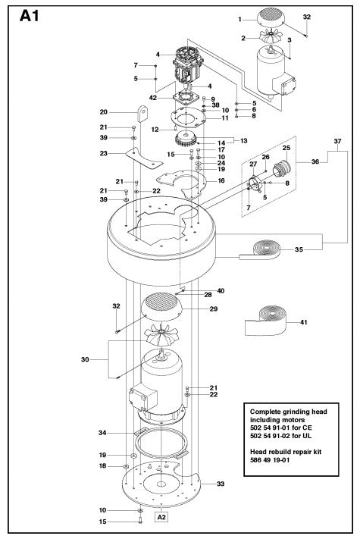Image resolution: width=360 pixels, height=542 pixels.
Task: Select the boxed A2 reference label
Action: [x=161, y=517]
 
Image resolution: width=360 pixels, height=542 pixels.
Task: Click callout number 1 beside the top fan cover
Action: [x=240, y=19]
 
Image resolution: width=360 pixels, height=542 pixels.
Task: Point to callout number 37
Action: [x=337, y=142]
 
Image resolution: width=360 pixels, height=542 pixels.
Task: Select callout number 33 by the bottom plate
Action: [x=221, y=484]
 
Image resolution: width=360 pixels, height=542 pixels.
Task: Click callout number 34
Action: [x=103, y=433]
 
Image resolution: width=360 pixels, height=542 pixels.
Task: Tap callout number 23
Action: [x=104, y=153]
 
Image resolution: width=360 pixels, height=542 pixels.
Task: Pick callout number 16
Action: [x=221, y=181]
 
